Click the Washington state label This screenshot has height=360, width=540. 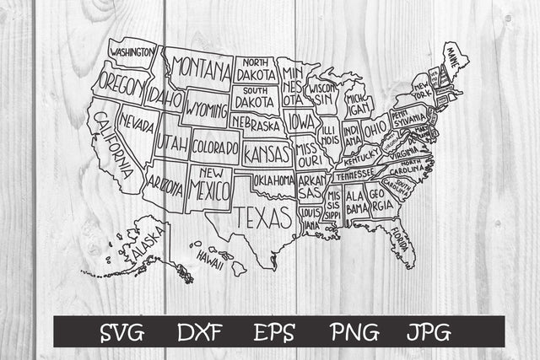point(132,52)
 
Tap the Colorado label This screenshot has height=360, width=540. point(214,147)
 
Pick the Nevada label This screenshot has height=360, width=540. point(136,126)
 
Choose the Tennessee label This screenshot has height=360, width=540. point(354,175)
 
